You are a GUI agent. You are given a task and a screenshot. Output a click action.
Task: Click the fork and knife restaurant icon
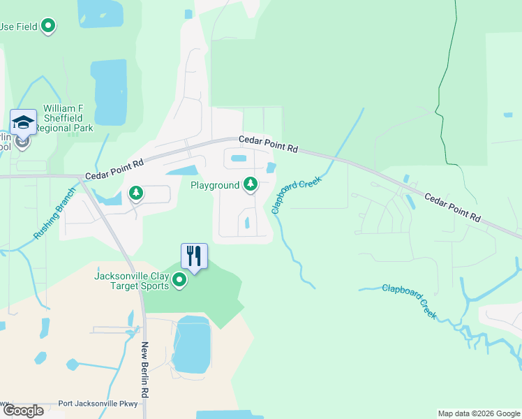pyautogui.click(x=195, y=256)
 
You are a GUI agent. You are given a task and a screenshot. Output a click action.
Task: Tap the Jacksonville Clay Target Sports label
pyautogui.click(x=131, y=281)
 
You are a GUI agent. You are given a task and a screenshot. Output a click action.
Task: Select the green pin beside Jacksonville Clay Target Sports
pyautogui.click(x=179, y=281)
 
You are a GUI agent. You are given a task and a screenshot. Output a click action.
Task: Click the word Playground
pyautogui.click(x=215, y=185)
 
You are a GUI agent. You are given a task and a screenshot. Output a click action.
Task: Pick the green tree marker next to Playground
pyautogui.click(x=251, y=185)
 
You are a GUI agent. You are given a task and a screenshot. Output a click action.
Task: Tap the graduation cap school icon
pyautogui.click(x=23, y=123)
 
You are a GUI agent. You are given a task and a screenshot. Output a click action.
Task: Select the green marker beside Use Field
pyautogui.click(x=48, y=27)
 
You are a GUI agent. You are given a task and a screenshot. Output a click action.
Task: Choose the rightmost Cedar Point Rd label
pyautogui.click(x=452, y=207)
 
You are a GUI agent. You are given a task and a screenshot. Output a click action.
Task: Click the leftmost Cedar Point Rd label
pyautogui.click(x=114, y=170)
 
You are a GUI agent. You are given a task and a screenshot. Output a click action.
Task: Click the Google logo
pyautogui.click(x=23, y=411)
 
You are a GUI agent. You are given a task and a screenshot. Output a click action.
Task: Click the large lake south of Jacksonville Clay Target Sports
pyautogui.click(x=191, y=345)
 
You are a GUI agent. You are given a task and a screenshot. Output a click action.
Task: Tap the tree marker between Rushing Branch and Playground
pyautogui.click(x=136, y=193)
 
